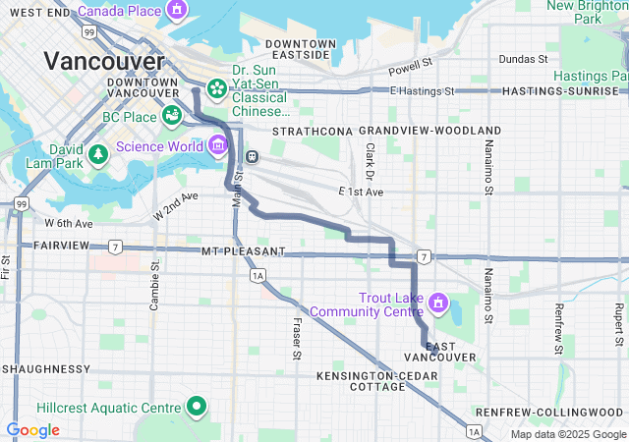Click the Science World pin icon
pyautogui.click(x=216, y=146)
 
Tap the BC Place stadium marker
pyautogui.click(x=172, y=116)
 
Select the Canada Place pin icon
pyautogui.click(x=176, y=11)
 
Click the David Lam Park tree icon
pyautogui.click(x=97, y=154)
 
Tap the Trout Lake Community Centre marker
pyautogui.click(x=438, y=302)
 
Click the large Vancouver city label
pyautogui.click(x=103, y=61)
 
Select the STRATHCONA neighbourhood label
pyautogui.click(x=312, y=131)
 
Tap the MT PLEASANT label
pyautogui.click(x=242, y=252)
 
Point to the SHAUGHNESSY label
pyautogui.click(x=46, y=368)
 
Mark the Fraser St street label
pyautogui.click(x=296, y=338)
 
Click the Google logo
pyautogui.click(x=32, y=430)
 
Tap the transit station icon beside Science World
pyautogui.click(x=253, y=155)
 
